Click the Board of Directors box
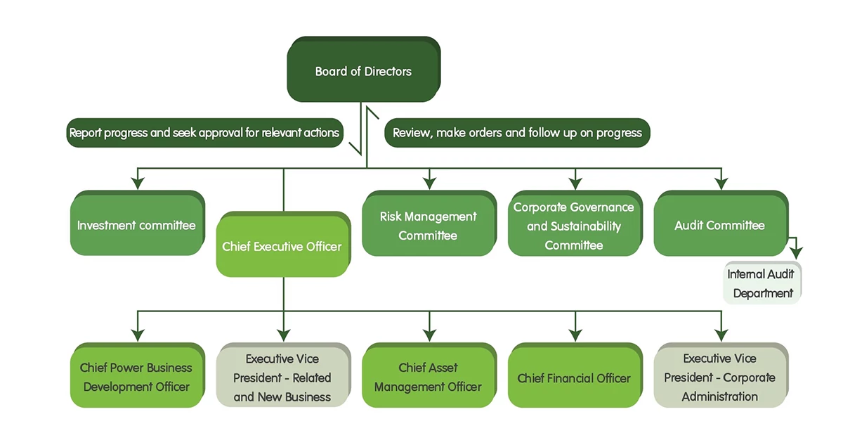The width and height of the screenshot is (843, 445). (363, 71)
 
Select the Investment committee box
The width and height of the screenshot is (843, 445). (136, 226)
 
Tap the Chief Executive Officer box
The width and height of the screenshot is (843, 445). (282, 247)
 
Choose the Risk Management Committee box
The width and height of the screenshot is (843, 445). (428, 226)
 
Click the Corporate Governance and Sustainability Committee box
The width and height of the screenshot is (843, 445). (574, 226)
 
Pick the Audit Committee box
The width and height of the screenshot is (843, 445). (719, 226)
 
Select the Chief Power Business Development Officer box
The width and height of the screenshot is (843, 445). (136, 377)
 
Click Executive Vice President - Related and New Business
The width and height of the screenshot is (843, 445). (282, 378)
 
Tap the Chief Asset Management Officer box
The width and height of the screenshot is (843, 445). (428, 377)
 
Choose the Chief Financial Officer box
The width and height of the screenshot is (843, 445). (574, 378)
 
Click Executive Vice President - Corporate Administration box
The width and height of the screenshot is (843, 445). (719, 378)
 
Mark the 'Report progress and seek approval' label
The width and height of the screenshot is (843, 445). (204, 132)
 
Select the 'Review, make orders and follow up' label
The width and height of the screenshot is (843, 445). (517, 132)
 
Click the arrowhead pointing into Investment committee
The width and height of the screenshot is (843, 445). (138, 183)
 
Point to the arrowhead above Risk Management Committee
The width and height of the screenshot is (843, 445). (429, 183)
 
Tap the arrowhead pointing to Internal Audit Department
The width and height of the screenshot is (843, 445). (796, 253)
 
